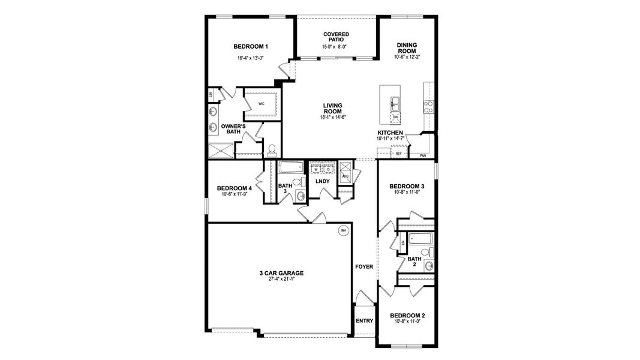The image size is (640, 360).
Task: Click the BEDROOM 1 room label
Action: (x=251, y=46)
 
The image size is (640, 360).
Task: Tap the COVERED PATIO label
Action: (x=335, y=37)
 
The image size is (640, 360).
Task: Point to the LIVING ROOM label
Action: (x=332, y=108)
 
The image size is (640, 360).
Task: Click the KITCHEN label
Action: (x=390, y=133)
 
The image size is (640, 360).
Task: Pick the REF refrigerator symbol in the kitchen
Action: (x=398, y=154)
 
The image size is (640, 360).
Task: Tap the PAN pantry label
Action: (x=423, y=155)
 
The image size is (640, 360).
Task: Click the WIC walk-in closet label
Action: (x=262, y=104)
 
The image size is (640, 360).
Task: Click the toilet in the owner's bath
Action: (x=271, y=149)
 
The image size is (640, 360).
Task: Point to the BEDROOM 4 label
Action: (x=234, y=188)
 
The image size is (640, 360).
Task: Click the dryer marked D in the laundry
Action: (x=329, y=170)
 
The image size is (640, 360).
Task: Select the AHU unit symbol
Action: (x=345, y=176)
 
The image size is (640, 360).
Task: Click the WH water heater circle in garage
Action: (x=343, y=230)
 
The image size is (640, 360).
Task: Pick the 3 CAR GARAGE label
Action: (x=281, y=273)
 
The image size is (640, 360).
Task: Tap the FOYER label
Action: (x=364, y=266)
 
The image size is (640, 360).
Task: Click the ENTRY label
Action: (x=365, y=321)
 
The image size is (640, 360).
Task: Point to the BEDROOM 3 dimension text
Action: (x=407, y=192)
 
